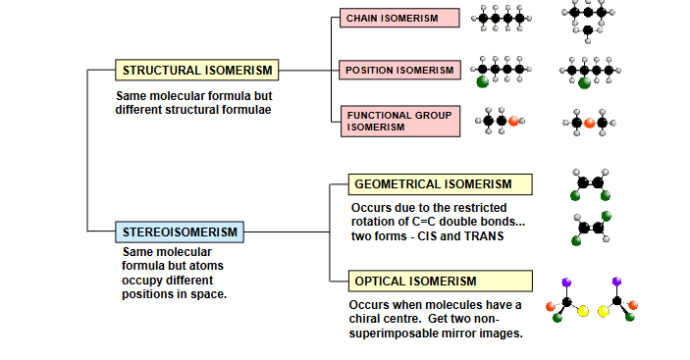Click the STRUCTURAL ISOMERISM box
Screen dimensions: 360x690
tap(196, 71)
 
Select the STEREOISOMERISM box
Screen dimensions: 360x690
tap(180, 232)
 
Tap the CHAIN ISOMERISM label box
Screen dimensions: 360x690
tap(400, 19)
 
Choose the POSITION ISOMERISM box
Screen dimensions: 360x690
tap(400, 70)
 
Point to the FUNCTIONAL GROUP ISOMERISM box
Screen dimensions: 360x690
tap(400, 121)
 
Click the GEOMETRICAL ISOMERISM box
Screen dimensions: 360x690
tap(440, 184)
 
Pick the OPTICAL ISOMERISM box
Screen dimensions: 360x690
tap(440, 282)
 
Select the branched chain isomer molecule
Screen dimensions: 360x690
tap(587, 18)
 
